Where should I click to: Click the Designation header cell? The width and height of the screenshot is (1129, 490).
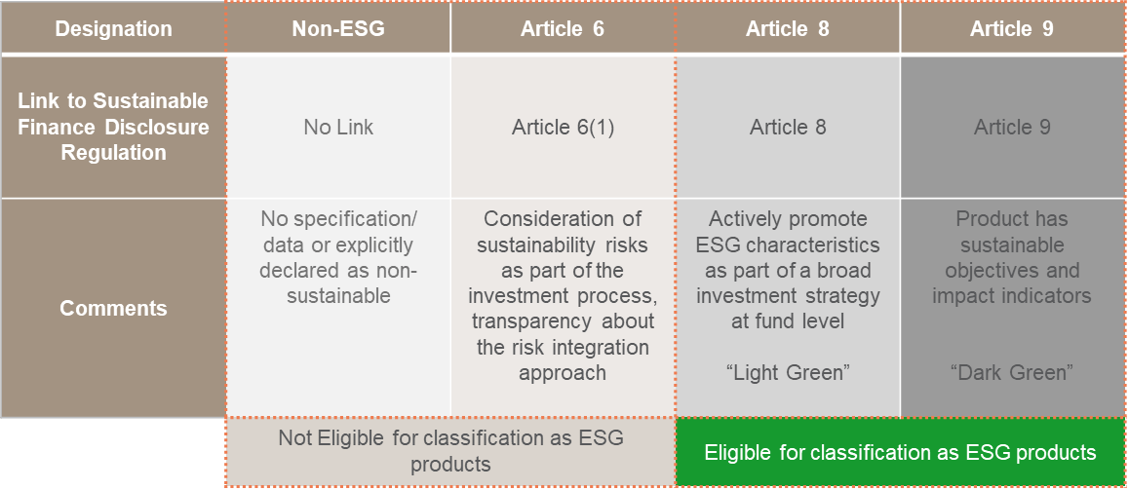pos(113,29)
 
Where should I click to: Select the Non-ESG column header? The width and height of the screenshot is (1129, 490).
pos(338,29)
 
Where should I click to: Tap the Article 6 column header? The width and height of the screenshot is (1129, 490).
pos(563,29)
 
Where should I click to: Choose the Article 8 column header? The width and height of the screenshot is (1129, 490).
pos(788,29)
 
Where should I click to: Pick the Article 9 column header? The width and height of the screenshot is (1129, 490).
pos(1012,29)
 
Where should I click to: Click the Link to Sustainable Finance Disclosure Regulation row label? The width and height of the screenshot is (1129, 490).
pos(113,127)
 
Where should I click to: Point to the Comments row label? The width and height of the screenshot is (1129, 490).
pos(113,309)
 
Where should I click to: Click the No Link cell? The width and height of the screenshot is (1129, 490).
pos(338,127)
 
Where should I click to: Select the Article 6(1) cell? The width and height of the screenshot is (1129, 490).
pos(563,127)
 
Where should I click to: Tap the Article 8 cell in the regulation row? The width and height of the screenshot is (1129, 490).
pos(788,127)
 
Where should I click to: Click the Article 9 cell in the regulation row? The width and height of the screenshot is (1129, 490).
pos(1012,127)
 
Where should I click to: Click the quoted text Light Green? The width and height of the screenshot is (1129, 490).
pos(788,372)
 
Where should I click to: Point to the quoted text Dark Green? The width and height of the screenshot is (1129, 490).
pos(1012,372)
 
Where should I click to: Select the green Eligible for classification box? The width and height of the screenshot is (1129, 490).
pos(900,453)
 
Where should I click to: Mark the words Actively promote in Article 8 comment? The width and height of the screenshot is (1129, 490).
pos(788,219)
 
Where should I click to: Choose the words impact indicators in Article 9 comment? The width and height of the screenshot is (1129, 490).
pos(1012,295)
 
